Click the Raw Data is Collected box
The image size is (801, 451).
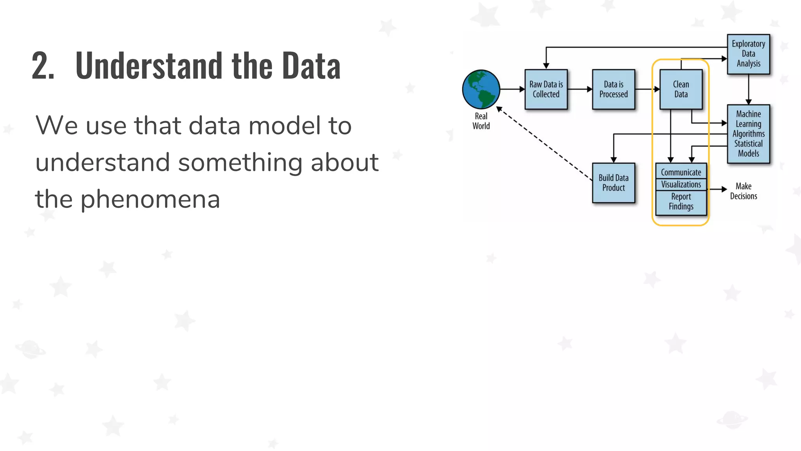[x=546, y=89]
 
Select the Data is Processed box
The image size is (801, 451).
[x=613, y=89]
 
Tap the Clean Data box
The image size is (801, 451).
[x=681, y=89]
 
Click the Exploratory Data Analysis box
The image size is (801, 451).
[x=748, y=54]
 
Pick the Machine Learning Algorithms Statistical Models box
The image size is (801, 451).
[x=748, y=134]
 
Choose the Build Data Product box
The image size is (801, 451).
[x=613, y=183]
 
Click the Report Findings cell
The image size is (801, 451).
[x=681, y=202]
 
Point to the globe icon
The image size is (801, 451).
[x=481, y=89]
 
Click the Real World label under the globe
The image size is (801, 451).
[x=481, y=121]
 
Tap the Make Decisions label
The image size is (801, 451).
[x=743, y=191]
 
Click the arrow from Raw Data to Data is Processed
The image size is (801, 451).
[x=580, y=89]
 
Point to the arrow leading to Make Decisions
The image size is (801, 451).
[x=717, y=189]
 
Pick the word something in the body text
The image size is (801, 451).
[x=240, y=163]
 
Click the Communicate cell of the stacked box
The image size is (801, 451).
[x=681, y=172]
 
